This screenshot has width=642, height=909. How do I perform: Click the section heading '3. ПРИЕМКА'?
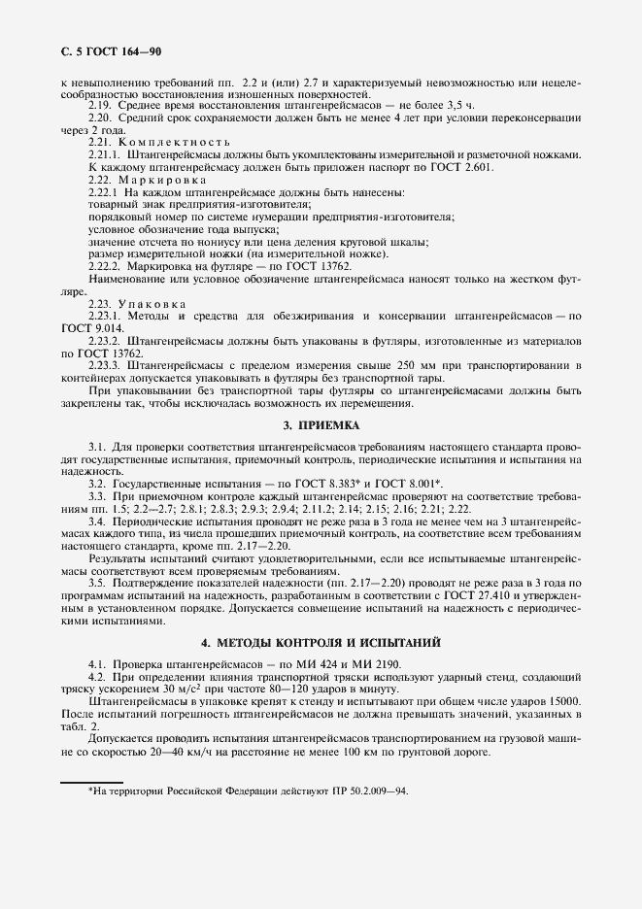321,425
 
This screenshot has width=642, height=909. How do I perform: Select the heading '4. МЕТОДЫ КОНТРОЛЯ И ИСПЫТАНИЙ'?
321,643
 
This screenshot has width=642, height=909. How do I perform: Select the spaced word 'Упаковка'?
149,304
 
